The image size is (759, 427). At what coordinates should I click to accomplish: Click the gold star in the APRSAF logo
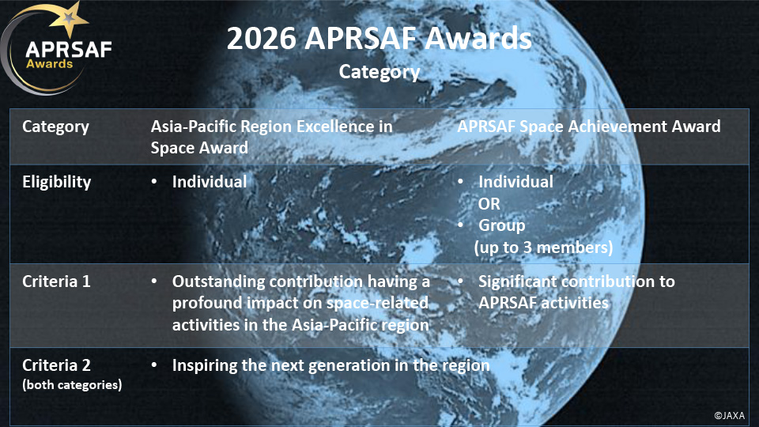pos(69,18)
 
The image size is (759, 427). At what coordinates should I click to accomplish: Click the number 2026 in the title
pos(262,38)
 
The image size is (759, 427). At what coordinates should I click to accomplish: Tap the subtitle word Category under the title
pos(379,72)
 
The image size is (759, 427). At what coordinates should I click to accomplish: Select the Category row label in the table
pos(55,127)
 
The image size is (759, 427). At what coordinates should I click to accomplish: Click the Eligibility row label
pos(57,182)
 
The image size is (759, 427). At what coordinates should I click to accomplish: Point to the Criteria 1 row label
pos(56,282)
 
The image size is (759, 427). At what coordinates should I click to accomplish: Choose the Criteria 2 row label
pos(56,365)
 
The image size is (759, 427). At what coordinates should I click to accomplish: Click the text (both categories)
pos(72,385)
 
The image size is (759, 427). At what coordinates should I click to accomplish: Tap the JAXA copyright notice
pos(730,416)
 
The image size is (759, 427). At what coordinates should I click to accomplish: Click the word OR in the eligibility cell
pos(489,204)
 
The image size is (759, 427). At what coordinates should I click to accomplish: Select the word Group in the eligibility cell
pos(501,225)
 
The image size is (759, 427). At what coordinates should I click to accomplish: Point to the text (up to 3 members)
pos(544,248)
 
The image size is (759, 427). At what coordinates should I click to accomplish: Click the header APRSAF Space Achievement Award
pos(588,127)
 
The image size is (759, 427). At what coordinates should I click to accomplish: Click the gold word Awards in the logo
pos(49,64)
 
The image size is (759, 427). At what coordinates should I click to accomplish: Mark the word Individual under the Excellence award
pos(210,182)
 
